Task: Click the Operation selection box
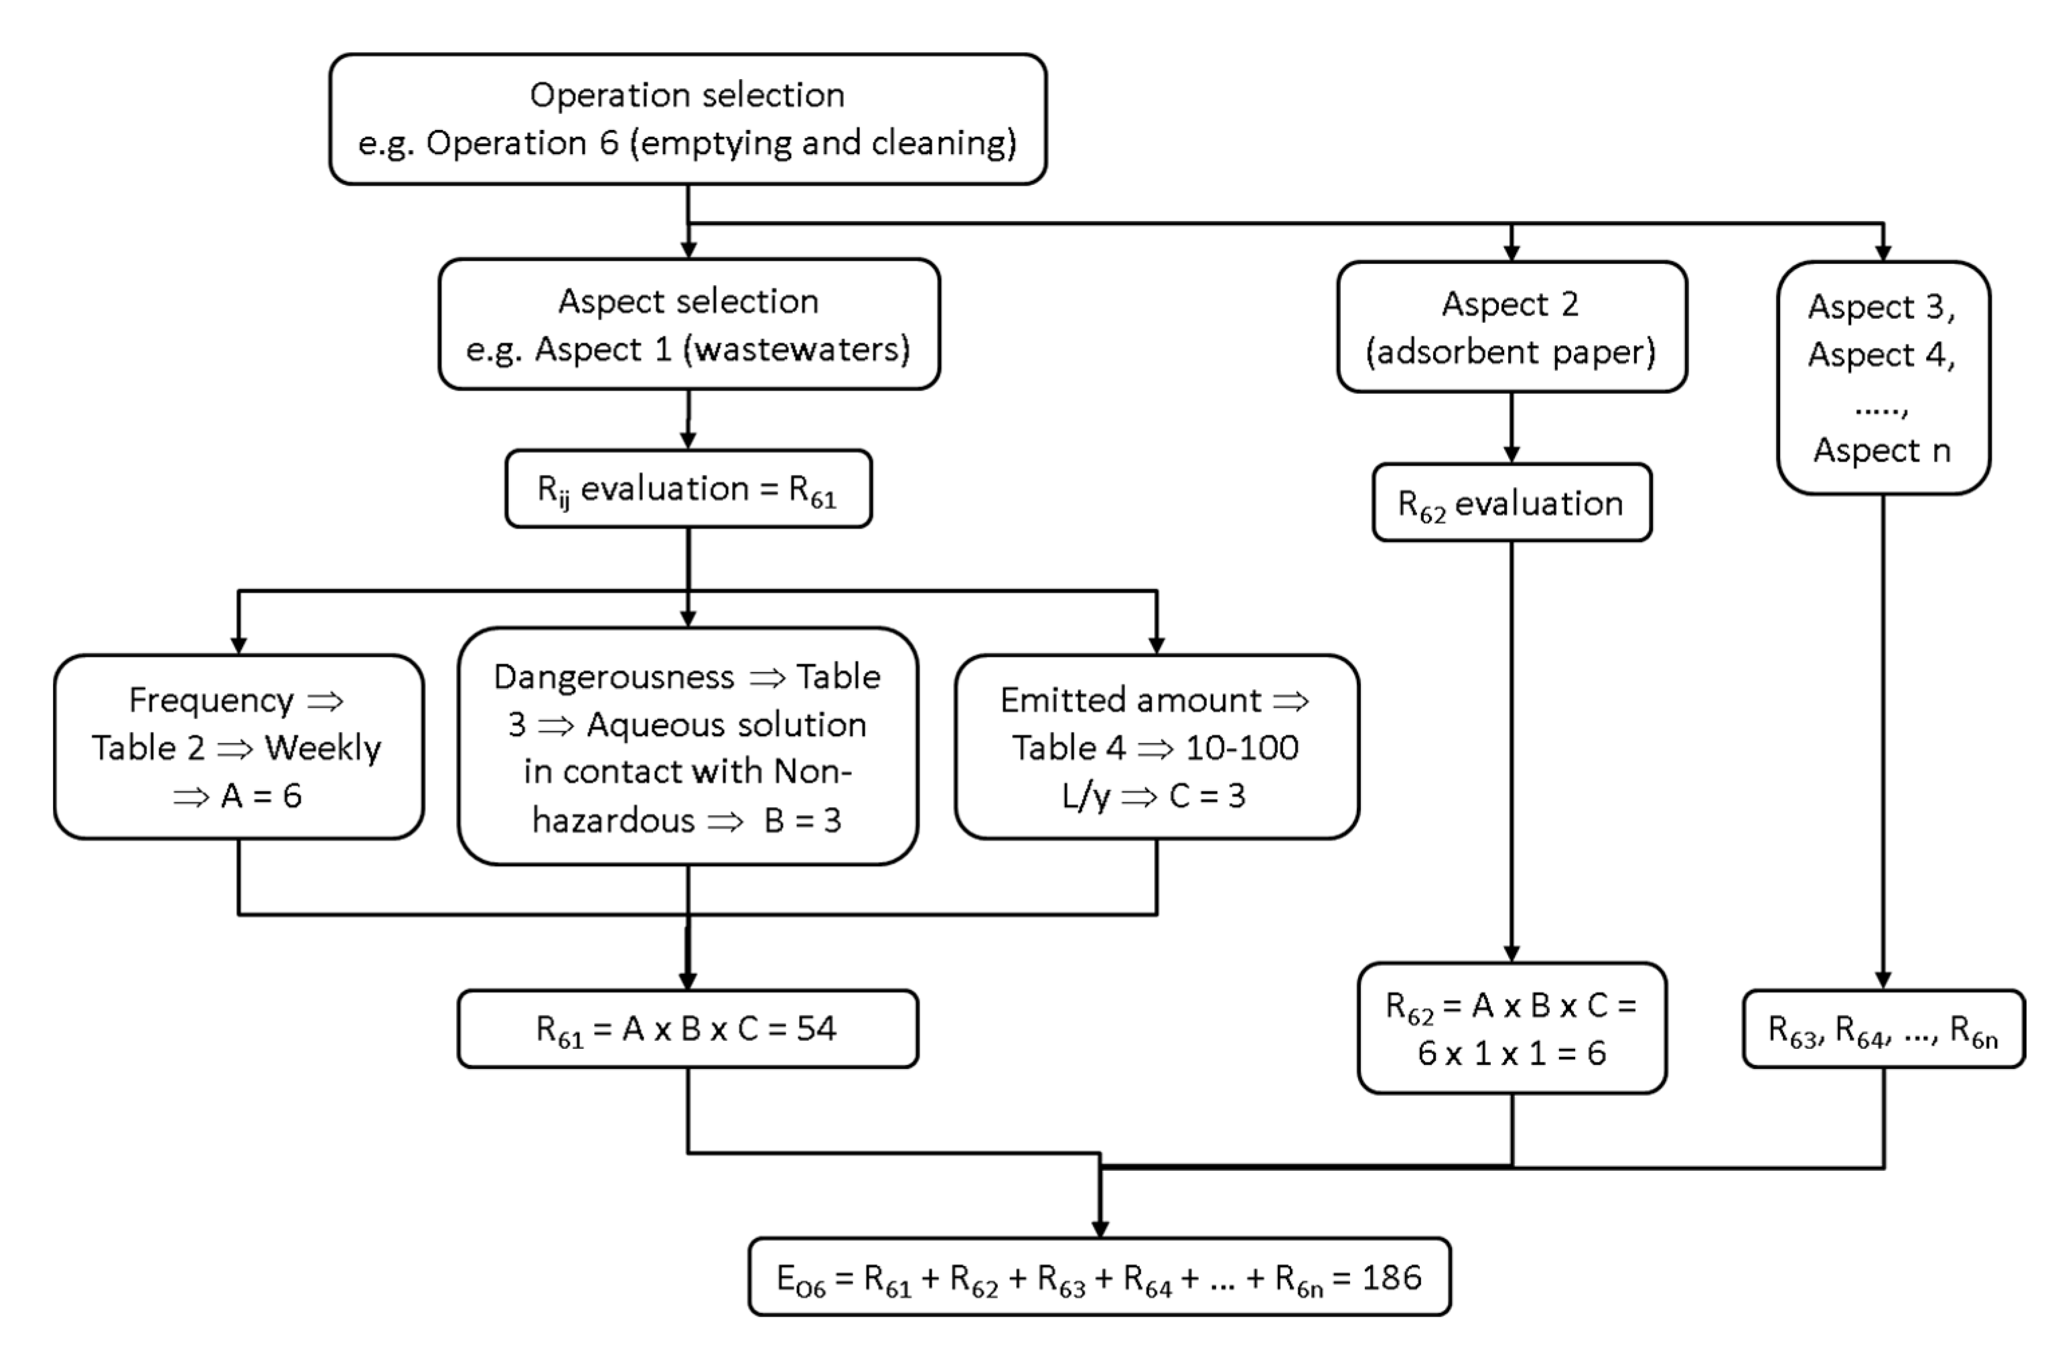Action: [x=687, y=119]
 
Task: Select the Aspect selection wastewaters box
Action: [x=688, y=324]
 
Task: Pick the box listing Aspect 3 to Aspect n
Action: [x=1883, y=378]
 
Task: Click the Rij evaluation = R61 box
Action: [x=688, y=489]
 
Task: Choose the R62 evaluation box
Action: [x=1512, y=503]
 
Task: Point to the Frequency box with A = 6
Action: [x=238, y=747]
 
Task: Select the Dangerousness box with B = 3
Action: [x=688, y=747]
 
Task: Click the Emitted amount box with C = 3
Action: [x=1156, y=747]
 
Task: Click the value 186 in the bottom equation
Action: [x=1391, y=1277]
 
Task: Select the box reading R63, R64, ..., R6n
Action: [x=1883, y=1030]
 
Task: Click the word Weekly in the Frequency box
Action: [x=322, y=748]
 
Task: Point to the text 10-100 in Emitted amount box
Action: [x=1242, y=747]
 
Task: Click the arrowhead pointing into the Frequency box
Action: [x=238, y=646]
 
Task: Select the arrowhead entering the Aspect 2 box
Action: [x=1512, y=253]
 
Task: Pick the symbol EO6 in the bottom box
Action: [x=801, y=1280]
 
